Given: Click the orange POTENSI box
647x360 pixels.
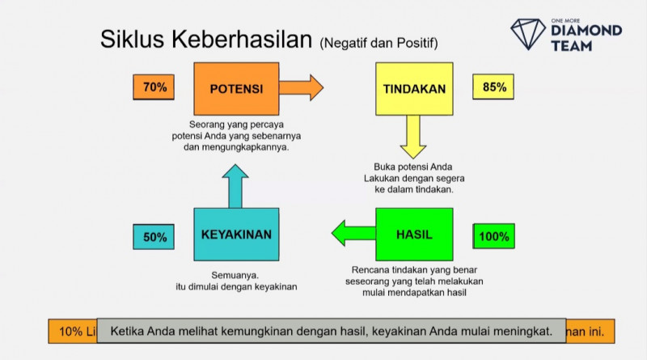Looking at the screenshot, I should [236, 89].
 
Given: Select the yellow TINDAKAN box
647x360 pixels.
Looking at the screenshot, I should [414, 89].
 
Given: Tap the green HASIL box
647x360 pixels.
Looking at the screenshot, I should [414, 235].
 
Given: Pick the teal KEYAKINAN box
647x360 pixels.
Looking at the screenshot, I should [236, 235].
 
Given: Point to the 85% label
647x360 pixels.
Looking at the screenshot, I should [494, 87].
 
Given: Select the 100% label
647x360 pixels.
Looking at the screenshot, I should [494, 237].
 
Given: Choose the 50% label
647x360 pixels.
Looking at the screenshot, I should [154, 237].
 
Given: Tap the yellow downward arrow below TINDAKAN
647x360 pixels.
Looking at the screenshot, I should [413, 137].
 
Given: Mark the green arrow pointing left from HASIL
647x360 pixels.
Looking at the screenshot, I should [353, 234].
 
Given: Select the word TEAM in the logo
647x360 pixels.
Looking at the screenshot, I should [573, 46].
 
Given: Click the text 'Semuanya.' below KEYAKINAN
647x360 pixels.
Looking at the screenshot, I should [235, 274].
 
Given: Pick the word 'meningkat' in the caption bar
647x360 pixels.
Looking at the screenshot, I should [522, 332].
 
